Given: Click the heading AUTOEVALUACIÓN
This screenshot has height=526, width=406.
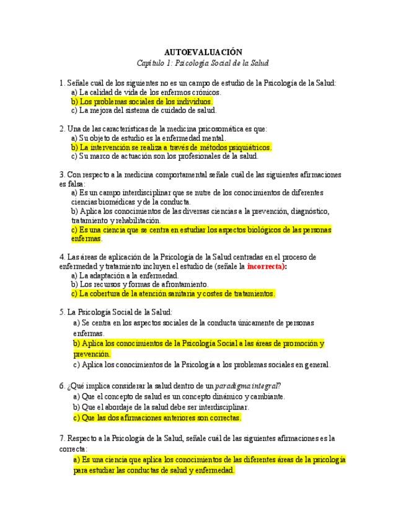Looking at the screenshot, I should click(x=203, y=53).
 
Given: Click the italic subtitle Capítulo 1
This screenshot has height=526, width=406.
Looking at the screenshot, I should click(x=203, y=63).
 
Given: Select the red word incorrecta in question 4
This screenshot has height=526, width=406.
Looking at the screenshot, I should click(x=267, y=266).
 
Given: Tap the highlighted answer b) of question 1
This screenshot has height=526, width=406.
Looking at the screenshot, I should click(x=142, y=101).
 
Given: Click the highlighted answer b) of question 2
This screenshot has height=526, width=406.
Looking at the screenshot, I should click(x=171, y=147).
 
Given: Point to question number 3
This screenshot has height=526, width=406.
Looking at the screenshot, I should click(x=62, y=175).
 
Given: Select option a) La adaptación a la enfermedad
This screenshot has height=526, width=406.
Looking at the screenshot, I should click(x=125, y=275).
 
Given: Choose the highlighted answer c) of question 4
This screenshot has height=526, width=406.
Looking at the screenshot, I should click(x=173, y=293).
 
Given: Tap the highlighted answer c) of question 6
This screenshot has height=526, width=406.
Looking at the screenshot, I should click(x=157, y=417).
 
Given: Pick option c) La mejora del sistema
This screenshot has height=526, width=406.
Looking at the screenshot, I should click(x=144, y=110).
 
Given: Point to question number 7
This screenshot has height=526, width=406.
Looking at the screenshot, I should click(x=62, y=438).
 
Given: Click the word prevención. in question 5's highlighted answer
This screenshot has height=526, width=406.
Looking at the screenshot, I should click(x=91, y=354).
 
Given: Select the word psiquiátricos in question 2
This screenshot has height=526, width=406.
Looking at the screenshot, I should click(x=249, y=147).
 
